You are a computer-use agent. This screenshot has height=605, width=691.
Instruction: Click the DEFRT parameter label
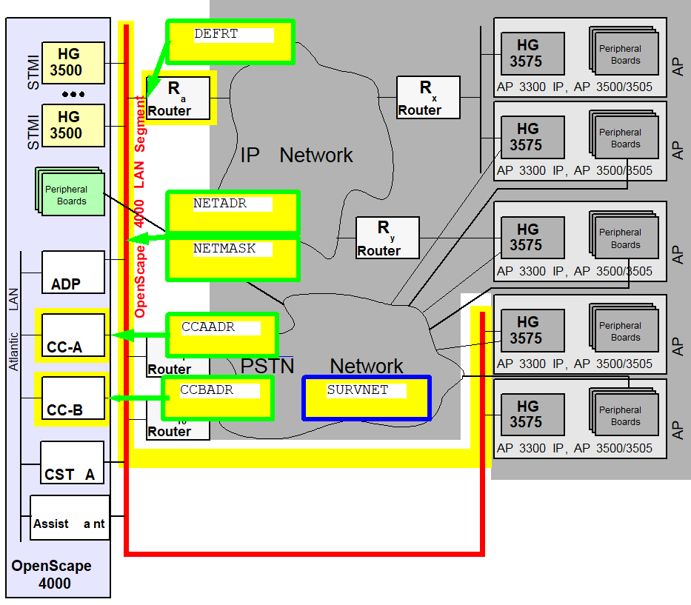tap(216, 34)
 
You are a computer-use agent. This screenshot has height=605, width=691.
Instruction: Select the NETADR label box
tap(233, 212)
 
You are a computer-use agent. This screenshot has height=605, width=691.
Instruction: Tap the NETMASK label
tap(224, 249)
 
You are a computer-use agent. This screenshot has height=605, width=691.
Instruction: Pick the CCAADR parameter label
tap(208, 327)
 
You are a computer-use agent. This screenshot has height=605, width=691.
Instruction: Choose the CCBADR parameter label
tap(207, 390)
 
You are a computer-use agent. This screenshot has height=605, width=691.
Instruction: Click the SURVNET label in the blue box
tap(358, 390)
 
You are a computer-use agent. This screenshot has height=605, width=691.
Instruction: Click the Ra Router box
tap(178, 98)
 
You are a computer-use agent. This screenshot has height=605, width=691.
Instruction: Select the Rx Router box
tap(428, 98)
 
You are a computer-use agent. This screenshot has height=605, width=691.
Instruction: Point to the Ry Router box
tap(387, 238)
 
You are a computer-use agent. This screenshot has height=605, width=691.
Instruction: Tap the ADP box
tap(73, 273)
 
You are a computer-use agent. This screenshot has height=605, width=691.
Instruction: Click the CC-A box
tap(73, 335)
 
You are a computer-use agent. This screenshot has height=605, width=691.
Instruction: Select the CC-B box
tap(73, 398)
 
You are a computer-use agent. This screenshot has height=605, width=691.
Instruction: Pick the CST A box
tap(73, 463)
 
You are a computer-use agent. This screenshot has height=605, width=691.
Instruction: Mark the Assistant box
tap(70, 518)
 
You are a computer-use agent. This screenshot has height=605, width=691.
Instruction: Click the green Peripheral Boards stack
tap(70, 191)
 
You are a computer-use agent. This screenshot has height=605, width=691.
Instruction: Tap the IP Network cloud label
tap(296, 155)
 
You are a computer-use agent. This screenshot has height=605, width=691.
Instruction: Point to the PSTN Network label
tap(321, 366)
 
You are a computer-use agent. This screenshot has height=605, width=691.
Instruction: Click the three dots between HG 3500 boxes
tap(73, 94)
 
